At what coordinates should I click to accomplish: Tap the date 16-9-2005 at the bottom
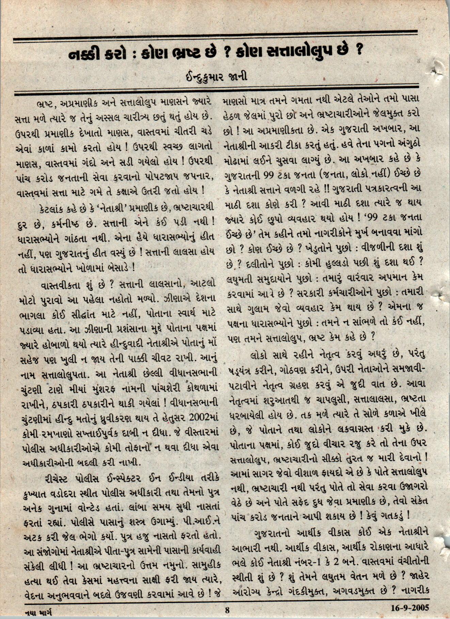[x=409, y=607]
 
